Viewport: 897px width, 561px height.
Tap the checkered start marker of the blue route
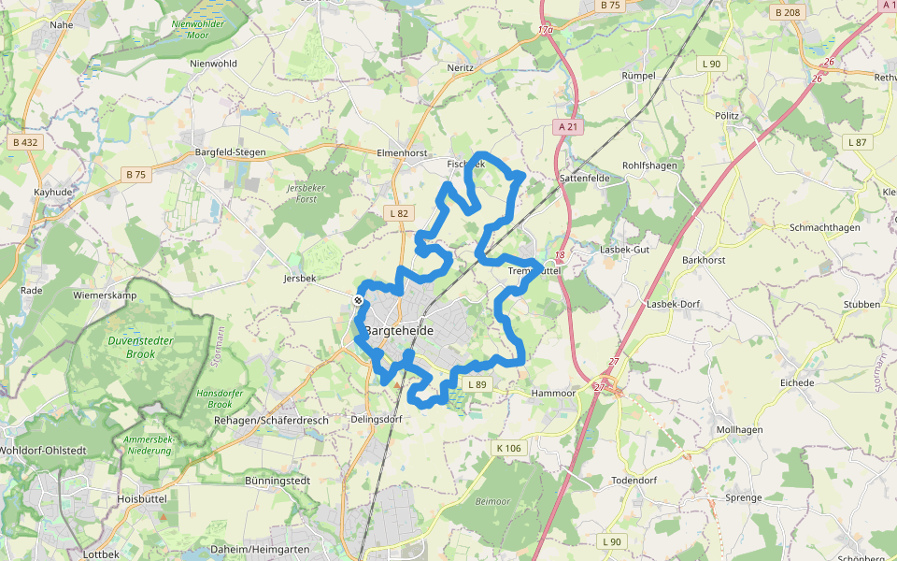coord(358,300)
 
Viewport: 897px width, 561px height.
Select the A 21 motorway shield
coord(566,125)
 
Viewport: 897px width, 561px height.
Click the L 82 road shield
coord(399,213)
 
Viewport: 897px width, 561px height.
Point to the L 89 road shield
coord(477,384)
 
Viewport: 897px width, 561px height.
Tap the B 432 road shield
coord(25,142)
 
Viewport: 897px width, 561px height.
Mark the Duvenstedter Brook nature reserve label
coord(140,348)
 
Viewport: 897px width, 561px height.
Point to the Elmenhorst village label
coord(401,152)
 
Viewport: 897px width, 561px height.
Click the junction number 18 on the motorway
coord(560,254)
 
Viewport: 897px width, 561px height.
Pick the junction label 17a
coord(546,31)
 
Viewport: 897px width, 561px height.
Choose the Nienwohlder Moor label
coord(198,29)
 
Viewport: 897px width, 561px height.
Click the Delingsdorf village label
coord(376,420)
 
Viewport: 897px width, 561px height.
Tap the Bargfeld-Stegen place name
coord(230,152)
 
